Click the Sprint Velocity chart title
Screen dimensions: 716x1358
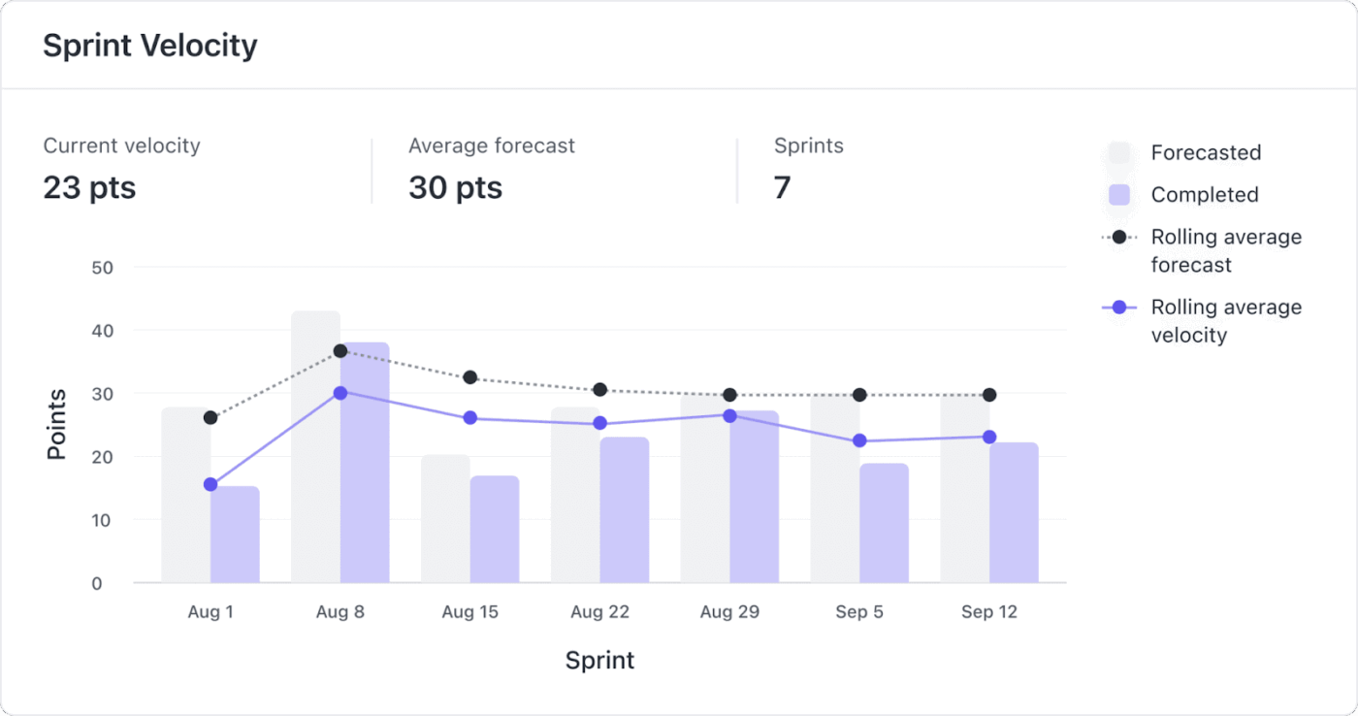[150, 46]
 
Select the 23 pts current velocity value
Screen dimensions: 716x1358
[89, 187]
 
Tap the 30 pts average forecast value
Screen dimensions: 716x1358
[455, 187]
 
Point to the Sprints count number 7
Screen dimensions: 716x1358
[782, 187]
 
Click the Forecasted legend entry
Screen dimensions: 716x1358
[1205, 153]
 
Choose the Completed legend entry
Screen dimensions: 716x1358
[1204, 195]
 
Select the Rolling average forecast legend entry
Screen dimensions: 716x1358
[1225, 250]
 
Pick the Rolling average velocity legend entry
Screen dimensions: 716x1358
[1225, 321]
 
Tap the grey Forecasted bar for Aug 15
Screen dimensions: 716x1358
[445, 519]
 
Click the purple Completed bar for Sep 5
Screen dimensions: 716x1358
[884, 524]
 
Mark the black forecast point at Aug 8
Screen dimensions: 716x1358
[340, 351]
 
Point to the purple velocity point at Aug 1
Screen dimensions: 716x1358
[210, 484]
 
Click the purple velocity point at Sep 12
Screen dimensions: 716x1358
[989, 438]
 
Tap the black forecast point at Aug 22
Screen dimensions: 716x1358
[599, 390]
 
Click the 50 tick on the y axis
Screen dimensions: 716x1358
[102, 268]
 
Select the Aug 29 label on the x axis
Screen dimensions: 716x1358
[729, 612]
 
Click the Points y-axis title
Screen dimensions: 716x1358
[57, 424]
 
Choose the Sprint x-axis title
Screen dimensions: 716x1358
[599, 661]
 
